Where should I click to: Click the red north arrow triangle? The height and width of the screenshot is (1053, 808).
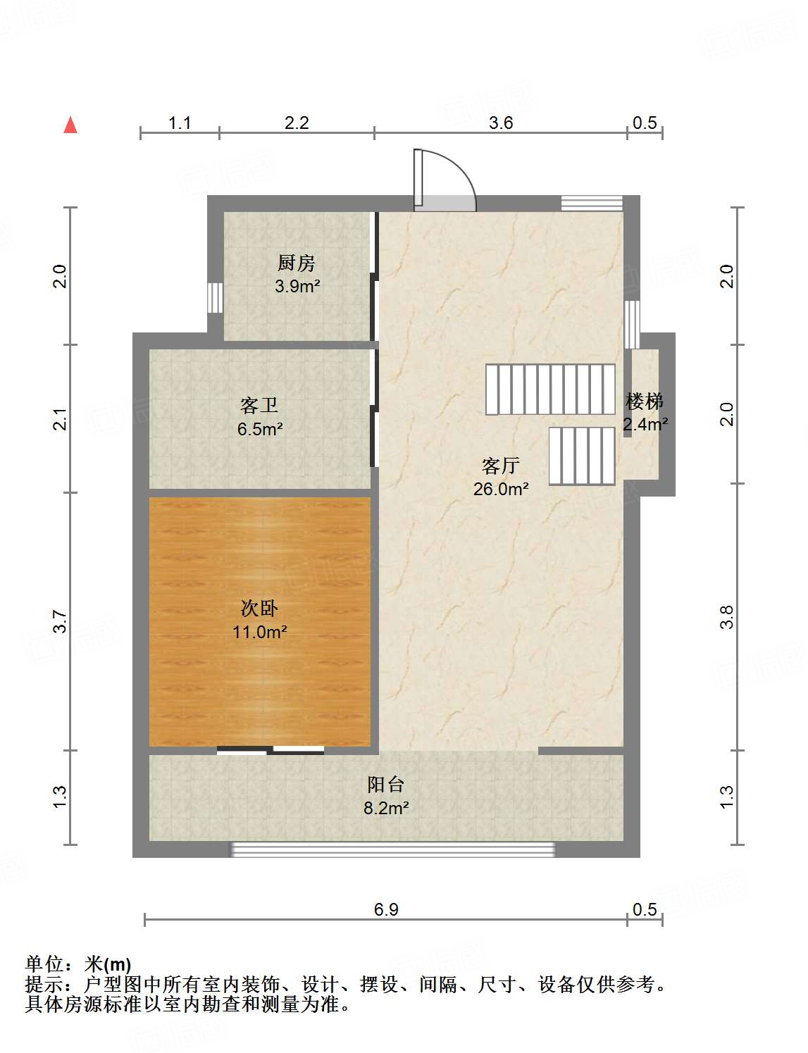70,125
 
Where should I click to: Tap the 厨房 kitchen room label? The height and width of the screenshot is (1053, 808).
297,263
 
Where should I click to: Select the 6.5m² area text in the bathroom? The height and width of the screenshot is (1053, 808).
260,429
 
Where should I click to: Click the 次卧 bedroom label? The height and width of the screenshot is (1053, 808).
259,608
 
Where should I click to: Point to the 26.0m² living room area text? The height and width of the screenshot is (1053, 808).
501,489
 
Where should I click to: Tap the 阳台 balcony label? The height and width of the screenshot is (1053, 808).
386,785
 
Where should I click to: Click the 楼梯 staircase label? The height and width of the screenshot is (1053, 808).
645,401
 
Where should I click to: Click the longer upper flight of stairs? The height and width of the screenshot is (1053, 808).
550,389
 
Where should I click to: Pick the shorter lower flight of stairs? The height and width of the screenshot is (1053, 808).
582,456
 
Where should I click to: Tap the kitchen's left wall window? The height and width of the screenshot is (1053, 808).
216,298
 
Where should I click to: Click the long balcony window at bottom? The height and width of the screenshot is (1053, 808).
393,850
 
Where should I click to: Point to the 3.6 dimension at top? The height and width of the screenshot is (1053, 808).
501,123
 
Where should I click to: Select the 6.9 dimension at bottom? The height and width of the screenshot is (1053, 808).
386,909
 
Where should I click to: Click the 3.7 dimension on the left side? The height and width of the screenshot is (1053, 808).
61,621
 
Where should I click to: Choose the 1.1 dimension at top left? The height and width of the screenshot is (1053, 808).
180,123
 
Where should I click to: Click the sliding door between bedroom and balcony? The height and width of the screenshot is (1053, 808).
271,750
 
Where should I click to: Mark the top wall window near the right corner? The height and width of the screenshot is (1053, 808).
592,203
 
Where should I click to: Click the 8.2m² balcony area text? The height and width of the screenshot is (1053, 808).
386,808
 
